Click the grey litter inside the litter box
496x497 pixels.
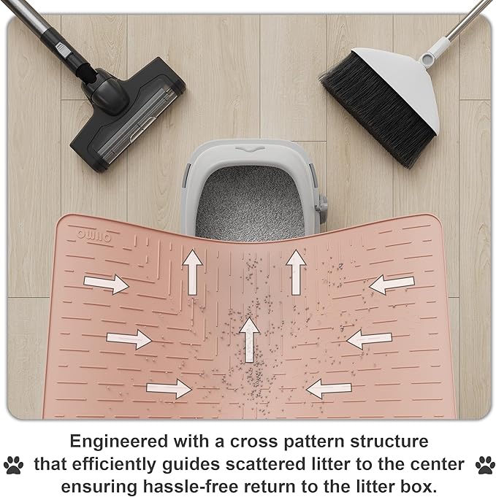251,203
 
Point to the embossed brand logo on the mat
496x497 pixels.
94,236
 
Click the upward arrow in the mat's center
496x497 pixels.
250,340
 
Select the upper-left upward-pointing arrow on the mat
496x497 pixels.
192,272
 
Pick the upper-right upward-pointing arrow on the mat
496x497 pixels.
296,272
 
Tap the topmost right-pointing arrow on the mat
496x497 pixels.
107,283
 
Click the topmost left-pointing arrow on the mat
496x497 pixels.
392,284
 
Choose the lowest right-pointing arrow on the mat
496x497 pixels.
169,388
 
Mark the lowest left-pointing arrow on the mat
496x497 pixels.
329,388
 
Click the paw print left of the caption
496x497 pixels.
13,465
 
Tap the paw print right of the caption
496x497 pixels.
485,465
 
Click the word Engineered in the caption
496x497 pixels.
119,442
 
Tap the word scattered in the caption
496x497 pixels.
265,464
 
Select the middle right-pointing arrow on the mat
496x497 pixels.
129,339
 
